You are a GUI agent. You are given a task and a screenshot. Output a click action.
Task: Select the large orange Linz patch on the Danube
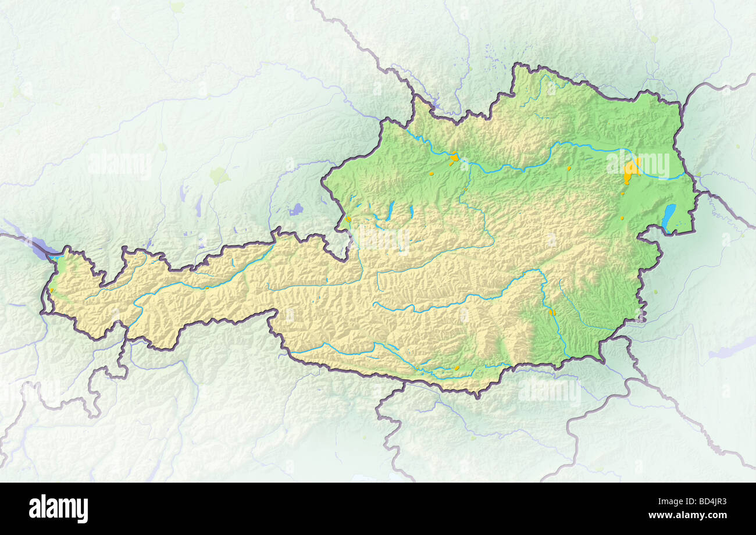point(454,157)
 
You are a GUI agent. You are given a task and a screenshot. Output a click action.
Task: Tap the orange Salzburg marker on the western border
point(348,219)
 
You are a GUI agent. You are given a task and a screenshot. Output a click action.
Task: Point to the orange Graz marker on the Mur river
point(552,313)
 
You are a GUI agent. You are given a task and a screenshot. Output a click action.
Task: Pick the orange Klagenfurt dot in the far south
point(457,368)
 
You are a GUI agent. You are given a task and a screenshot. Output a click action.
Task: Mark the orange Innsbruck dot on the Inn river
point(206,287)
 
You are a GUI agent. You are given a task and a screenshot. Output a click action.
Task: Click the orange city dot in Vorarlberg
point(51,290)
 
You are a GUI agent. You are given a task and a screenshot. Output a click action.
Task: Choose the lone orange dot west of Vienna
point(569,169)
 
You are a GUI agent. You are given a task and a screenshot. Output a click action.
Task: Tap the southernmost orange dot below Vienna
point(621,218)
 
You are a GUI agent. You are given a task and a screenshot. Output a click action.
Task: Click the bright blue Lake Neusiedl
point(669,216)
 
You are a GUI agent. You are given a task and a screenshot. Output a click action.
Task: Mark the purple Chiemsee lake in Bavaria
point(297,209)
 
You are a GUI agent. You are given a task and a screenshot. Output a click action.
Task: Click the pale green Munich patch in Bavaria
point(219,174)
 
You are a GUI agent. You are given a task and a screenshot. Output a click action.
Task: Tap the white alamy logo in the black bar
point(58,509)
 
